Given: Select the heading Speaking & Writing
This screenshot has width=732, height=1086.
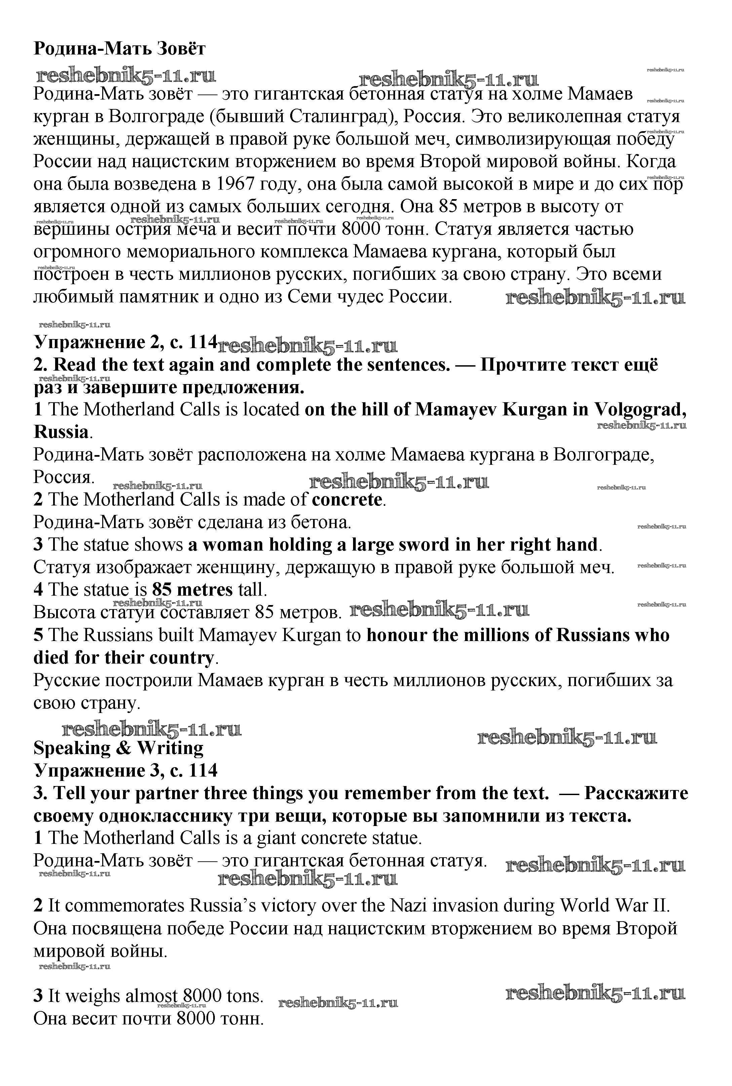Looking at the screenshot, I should (119, 748).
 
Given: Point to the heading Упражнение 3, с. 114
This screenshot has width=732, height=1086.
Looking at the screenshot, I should (125, 770).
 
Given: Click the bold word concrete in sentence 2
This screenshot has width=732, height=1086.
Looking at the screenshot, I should (347, 499).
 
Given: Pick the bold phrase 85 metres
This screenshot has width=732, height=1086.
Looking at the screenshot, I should (192, 590).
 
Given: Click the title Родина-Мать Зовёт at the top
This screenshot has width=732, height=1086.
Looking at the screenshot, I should (119, 48).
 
